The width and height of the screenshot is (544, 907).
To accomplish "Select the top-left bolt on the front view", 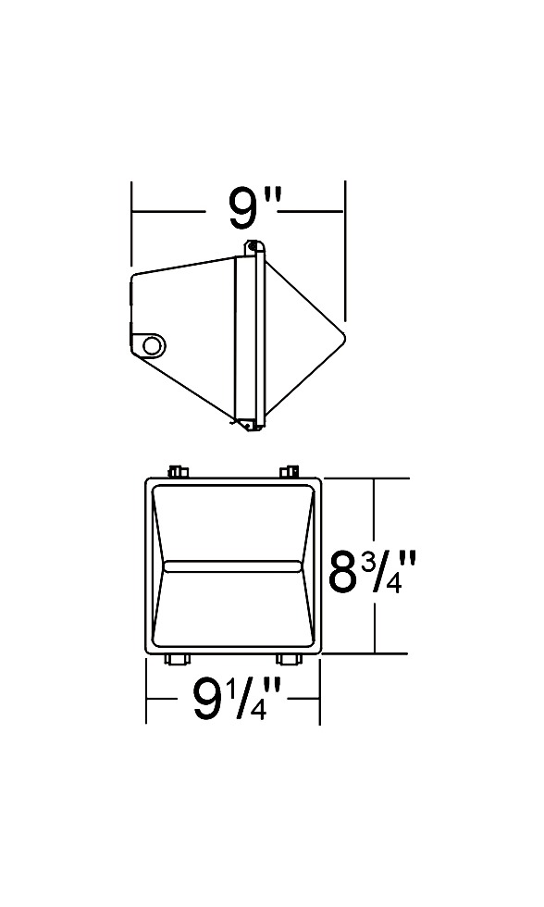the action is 179,471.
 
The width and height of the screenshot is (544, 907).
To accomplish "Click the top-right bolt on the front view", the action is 289,471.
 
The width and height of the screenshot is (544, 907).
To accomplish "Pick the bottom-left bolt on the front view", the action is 177,659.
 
